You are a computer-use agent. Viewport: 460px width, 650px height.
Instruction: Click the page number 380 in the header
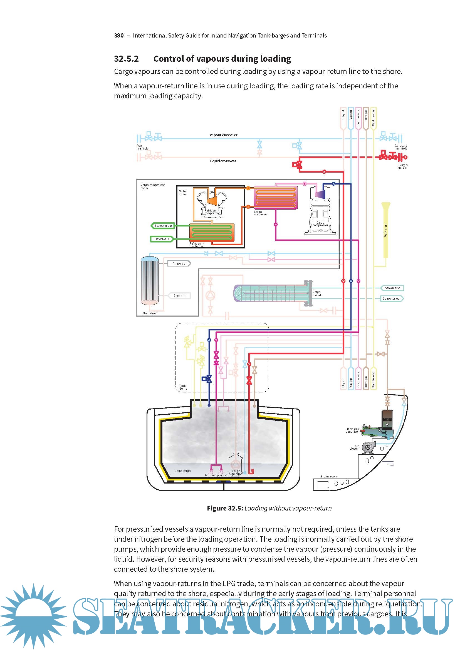119,36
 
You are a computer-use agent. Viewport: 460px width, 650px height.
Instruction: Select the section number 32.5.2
126,59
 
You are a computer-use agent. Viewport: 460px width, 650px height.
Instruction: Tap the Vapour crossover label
223,135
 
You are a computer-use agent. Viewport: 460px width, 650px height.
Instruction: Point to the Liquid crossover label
223,161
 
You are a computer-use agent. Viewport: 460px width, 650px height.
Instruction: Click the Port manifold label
142,147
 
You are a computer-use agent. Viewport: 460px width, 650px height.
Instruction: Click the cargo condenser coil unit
275,197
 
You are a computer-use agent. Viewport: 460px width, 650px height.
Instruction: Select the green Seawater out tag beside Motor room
163,226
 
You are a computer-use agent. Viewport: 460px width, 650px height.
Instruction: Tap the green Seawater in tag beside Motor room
162,239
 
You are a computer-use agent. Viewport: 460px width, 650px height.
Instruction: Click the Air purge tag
179,263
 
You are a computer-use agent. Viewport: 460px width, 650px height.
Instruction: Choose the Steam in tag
179,296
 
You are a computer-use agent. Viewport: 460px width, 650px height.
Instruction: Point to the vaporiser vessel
150,280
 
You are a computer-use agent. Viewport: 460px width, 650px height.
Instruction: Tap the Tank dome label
183,387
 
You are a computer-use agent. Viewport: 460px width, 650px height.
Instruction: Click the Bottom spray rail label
216,475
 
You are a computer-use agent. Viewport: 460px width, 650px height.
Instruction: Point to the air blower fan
368,447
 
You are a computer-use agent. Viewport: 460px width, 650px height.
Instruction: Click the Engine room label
328,477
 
